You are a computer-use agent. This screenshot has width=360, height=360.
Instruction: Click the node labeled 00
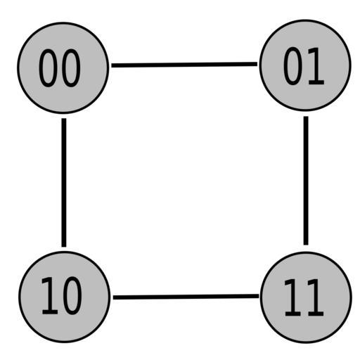63,68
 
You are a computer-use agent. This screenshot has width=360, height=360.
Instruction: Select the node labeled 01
305,65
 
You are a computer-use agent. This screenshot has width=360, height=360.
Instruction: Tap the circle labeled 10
65,297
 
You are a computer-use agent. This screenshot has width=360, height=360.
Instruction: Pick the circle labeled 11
306,297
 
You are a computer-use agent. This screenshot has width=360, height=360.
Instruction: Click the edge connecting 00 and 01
184,65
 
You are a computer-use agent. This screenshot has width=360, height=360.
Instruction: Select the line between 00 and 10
64,183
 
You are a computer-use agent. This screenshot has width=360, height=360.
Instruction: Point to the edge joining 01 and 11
306,181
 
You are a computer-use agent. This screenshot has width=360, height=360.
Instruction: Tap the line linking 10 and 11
186,297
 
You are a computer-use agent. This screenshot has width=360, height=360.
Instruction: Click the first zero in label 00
48,68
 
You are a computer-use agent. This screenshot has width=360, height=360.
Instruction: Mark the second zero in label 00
71,68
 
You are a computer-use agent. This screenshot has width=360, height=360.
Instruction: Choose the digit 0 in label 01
292,66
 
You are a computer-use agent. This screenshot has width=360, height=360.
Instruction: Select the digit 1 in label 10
50,295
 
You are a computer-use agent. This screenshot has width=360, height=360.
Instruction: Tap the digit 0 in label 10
72,296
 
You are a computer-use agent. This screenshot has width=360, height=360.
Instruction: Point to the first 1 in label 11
292,298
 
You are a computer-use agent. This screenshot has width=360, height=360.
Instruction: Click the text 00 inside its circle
60,68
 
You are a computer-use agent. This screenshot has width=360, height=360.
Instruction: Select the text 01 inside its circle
304,66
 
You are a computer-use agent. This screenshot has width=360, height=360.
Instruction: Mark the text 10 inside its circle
62,296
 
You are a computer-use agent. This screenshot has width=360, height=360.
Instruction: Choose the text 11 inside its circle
304,298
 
